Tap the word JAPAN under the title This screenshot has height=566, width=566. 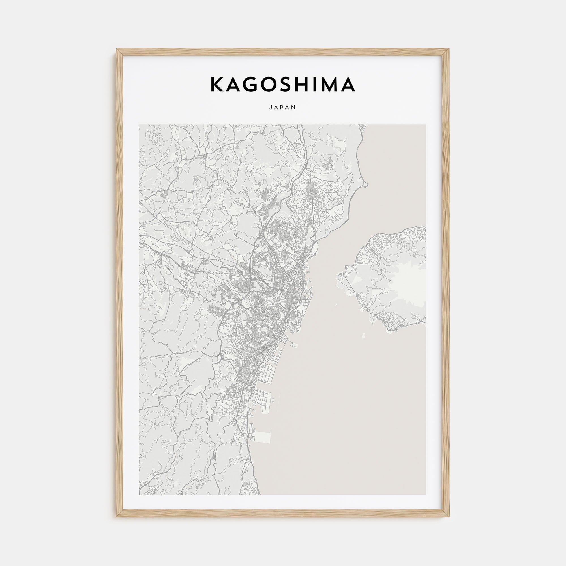283,108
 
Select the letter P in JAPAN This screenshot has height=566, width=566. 283,108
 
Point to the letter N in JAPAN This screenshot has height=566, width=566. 294,108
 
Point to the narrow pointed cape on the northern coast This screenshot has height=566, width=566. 365,184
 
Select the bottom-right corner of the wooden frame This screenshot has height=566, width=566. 449,516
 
